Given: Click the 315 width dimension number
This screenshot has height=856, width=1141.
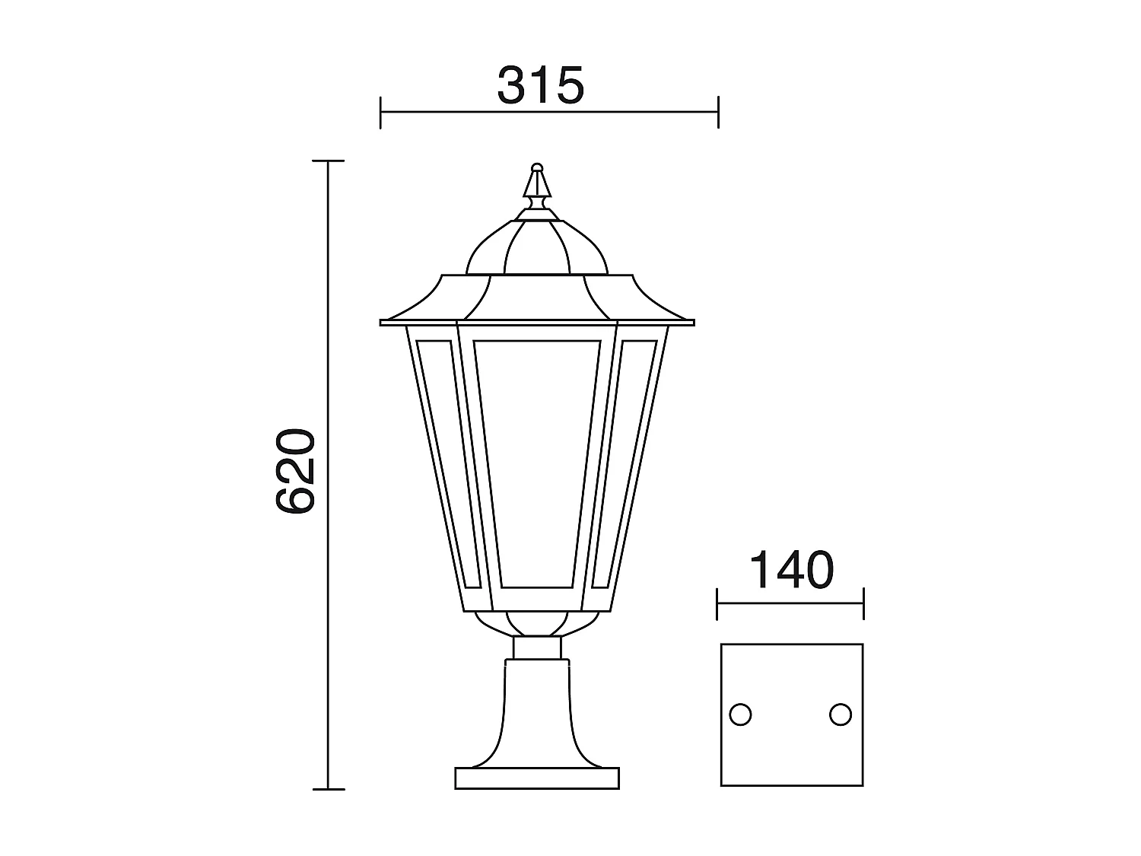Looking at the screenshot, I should (x=541, y=85).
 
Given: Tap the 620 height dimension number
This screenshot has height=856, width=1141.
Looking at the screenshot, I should (x=295, y=472).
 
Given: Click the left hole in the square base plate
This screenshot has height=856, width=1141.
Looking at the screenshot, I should (x=740, y=714).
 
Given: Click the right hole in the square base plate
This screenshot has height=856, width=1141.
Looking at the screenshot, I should (x=841, y=714).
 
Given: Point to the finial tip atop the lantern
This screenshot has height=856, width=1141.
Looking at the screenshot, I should (x=537, y=167).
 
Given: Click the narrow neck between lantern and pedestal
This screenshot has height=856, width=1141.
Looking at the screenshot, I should (x=537, y=648).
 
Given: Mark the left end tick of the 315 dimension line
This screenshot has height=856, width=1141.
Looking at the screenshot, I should (x=380, y=112).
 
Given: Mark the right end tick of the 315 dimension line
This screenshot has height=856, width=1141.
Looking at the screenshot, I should (x=718, y=112).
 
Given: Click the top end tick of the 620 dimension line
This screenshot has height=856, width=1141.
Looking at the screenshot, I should (x=328, y=161).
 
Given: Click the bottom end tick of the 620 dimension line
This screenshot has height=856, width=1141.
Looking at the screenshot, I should (x=328, y=789).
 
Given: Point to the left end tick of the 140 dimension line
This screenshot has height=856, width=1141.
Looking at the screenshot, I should (x=718, y=604).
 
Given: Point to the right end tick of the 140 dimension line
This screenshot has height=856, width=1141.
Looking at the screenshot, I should (x=863, y=604).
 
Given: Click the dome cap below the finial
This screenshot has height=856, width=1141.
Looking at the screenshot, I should (x=537, y=247).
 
